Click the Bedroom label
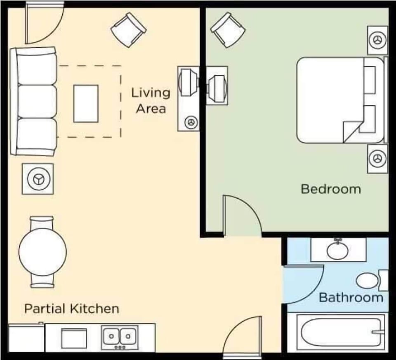pos(330,189)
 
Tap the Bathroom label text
pos(351,297)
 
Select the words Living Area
pos(151,100)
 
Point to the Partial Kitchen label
pos(71,308)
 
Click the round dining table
pos(42,252)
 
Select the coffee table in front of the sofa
pos(86,104)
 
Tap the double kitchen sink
pos(120,337)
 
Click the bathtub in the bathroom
pos(337,332)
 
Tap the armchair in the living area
pos(129,30)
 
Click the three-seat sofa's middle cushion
pos(36,102)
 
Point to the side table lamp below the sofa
pos(38,179)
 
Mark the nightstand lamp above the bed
pos(377,40)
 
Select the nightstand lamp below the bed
pos(377,158)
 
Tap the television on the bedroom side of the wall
pos(216,85)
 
